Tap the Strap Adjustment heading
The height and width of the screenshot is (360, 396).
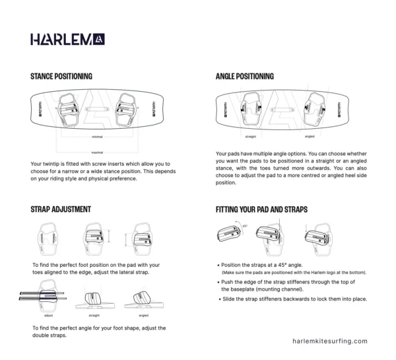61,209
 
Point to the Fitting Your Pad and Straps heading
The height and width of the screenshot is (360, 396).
261,209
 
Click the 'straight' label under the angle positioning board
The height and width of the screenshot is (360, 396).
251,137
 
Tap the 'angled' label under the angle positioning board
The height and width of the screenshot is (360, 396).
310,137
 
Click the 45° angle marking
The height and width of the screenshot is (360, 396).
245,226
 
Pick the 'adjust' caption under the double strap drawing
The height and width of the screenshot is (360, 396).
40,316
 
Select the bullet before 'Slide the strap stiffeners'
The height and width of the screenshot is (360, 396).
218,299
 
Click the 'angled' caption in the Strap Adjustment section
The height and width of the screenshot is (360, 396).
144,316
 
